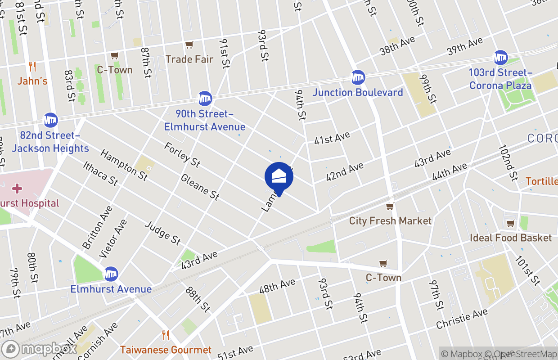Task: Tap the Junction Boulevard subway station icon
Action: point(358,77)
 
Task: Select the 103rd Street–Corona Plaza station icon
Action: point(500,57)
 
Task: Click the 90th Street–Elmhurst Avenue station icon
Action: point(205,98)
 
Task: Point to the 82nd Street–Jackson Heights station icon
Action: point(50,120)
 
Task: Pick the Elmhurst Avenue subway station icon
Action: point(111,273)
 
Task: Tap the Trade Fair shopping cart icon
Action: point(189,45)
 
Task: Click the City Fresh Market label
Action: point(390,220)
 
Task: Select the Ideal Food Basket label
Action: point(511,238)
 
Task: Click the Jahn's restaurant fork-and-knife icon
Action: point(32,67)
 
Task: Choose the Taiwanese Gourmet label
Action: point(166,350)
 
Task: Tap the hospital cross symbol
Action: point(17,188)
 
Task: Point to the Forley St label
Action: point(182,154)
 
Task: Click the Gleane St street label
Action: point(200,187)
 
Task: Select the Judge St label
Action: point(162,232)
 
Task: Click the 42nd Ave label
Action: point(345,171)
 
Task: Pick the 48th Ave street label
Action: point(277,287)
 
